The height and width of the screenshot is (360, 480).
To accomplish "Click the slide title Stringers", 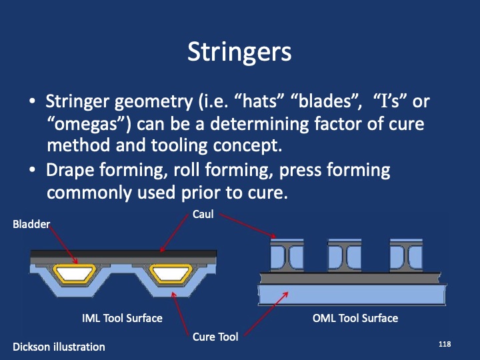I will click(239, 52).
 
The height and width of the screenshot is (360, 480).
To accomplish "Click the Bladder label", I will click(31, 225).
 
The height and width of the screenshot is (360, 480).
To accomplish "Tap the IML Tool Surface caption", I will click(122, 318).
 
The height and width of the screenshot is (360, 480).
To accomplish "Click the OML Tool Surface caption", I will click(355, 318).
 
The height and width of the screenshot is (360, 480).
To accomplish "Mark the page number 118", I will click(445, 343).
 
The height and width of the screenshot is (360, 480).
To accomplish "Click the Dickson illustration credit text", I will click(59, 346).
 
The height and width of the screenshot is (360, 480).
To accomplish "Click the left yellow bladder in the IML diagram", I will click(75, 271).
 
